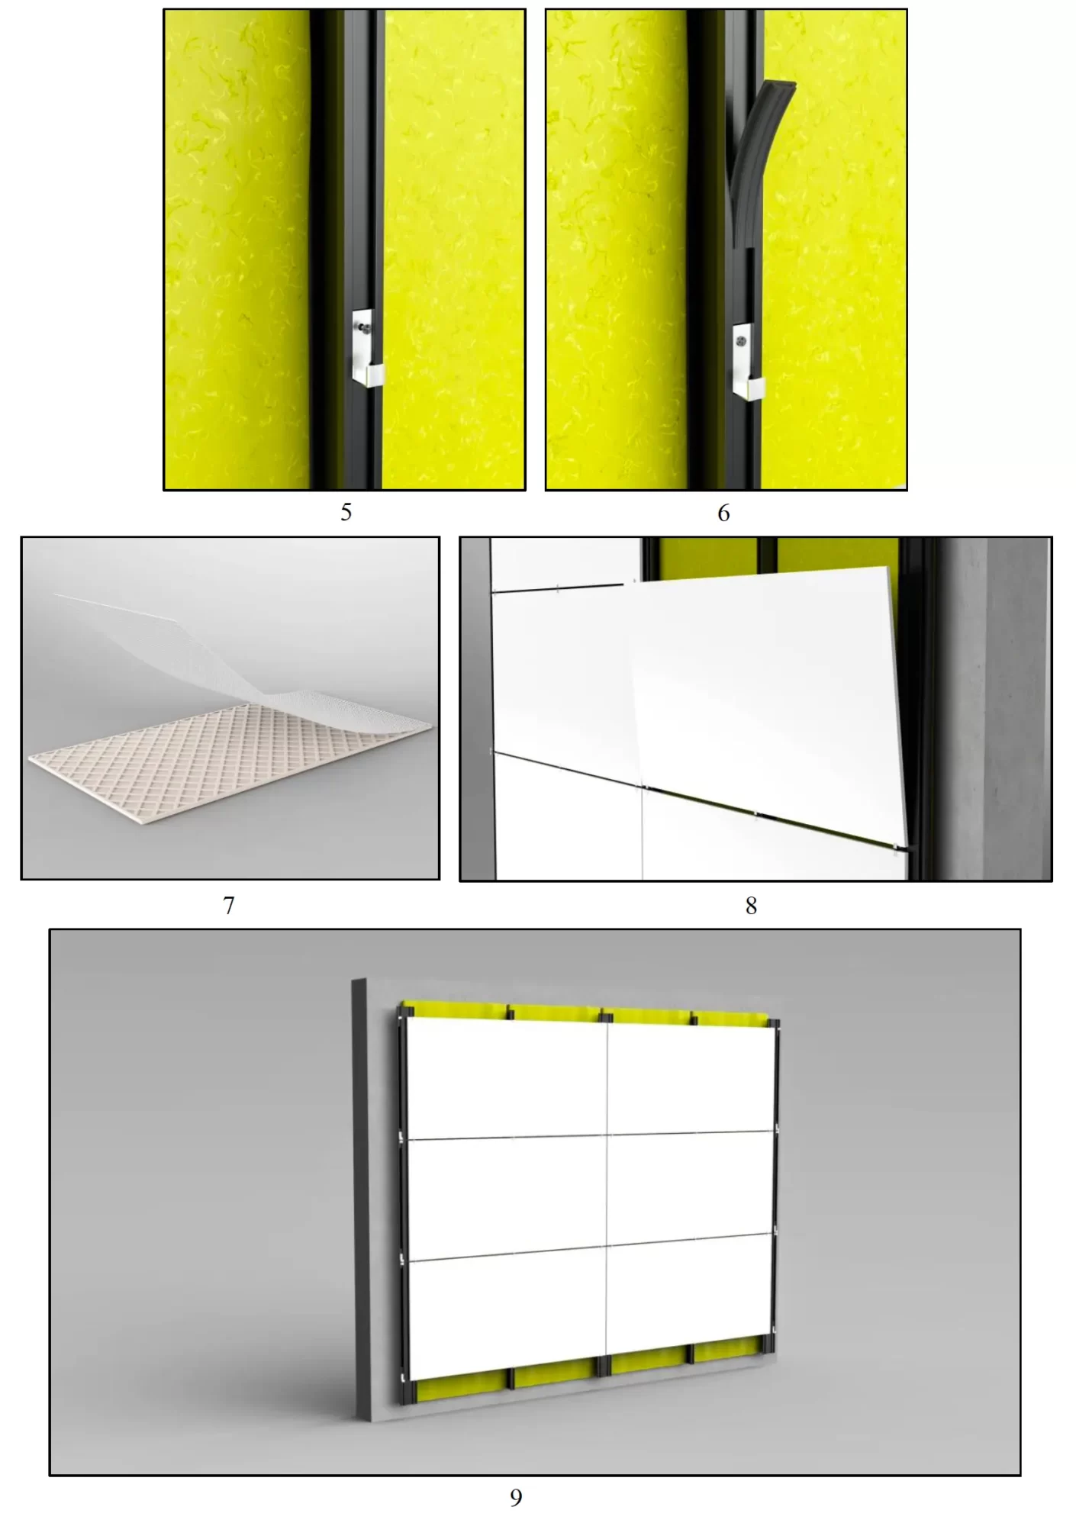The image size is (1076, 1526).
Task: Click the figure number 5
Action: [x=346, y=512]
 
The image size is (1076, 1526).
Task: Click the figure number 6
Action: [x=723, y=513]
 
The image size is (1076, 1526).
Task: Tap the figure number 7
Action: [x=228, y=905]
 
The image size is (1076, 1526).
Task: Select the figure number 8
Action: [x=751, y=906]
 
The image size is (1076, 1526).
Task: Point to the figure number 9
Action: [x=516, y=1498]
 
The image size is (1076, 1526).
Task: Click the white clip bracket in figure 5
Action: [x=367, y=347]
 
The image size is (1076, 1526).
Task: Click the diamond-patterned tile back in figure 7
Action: [x=221, y=771]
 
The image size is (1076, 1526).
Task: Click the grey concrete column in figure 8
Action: [x=992, y=710]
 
